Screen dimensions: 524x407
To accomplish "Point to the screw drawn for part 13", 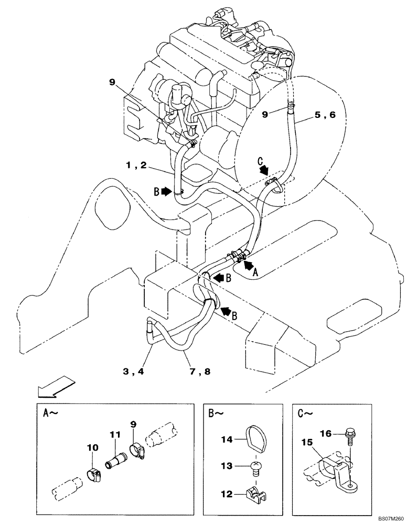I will (x=256, y=466).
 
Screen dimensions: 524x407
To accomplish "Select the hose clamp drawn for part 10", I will (x=93, y=475).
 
